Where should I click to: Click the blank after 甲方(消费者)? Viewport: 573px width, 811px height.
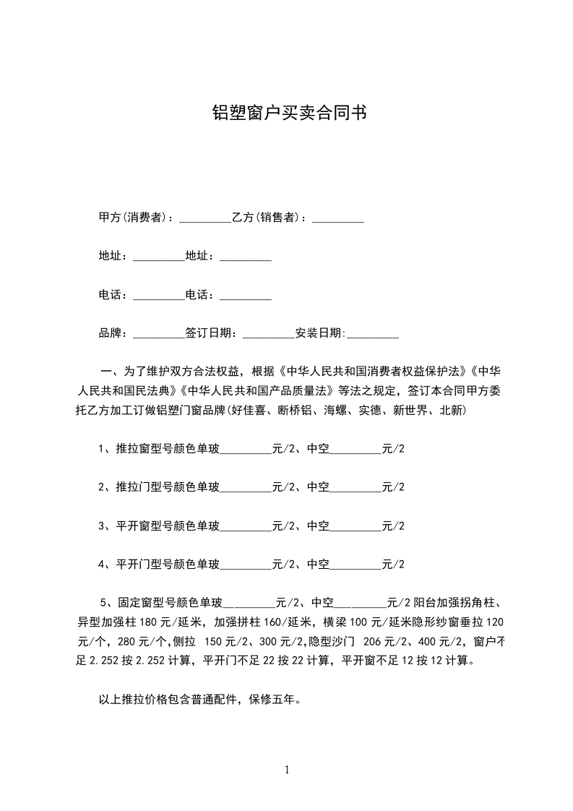pyautogui.click(x=204, y=218)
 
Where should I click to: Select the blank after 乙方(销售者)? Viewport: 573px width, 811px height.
pyautogui.click(x=337, y=218)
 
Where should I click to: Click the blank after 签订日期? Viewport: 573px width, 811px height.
pyautogui.click(x=269, y=334)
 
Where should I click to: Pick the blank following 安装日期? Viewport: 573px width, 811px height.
pyautogui.click(x=373, y=334)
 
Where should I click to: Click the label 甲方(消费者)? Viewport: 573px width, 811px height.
pyautogui.click(x=134, y=218)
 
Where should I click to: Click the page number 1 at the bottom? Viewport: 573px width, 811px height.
pyautogui.click(x=287, y=770)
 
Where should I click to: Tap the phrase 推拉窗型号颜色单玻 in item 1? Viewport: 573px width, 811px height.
pyautogui.click(x=167, y=449)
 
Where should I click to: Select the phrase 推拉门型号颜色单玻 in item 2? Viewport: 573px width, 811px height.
pyautogui.click(x=167, y=487)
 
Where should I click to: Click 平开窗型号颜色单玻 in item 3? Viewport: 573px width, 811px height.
pyautogui.click(x=167, y=525)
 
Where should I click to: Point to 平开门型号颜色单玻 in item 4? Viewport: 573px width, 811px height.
pyautogui.click(x=167, y=565)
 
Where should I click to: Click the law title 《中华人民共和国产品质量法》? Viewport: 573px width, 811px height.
pyautogui.click(x=256, y=391)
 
